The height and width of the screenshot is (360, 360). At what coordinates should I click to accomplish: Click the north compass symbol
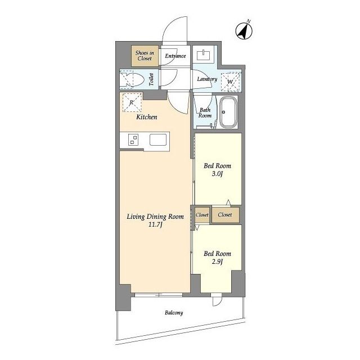click(244, 31)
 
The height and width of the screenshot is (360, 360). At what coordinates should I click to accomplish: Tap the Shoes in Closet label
click(145, 56)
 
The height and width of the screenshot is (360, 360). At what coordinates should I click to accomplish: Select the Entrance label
click(175, 56)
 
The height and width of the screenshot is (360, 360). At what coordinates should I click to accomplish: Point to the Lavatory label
click(207, 79)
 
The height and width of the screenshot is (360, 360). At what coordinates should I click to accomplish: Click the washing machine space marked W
click(231, 82)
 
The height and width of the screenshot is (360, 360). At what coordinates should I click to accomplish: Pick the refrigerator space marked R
click(132, 102)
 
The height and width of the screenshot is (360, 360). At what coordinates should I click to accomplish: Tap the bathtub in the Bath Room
click(228, 112)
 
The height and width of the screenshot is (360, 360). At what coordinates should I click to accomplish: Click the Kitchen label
click(147, 117)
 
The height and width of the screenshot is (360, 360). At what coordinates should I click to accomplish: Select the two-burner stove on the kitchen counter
click(133, 139)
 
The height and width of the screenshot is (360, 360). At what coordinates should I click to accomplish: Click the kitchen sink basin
click(158, 139)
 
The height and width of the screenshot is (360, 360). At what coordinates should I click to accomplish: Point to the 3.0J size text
click(217, 174)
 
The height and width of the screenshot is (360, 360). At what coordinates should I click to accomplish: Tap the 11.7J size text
click(155, 224)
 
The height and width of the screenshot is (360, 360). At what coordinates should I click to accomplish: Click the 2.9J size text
click(217, 262)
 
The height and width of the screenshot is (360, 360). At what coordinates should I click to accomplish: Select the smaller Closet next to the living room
click(202, 215)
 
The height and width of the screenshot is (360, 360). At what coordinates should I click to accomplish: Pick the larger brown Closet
click(226, 215)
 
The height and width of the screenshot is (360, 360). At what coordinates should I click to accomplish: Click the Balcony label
click(174, 313)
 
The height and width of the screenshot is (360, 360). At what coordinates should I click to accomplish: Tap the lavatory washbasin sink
click(203, 54)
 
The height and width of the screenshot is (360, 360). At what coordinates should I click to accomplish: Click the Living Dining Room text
click(155, 217)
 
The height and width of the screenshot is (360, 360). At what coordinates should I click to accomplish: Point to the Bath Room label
click(205, 112)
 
